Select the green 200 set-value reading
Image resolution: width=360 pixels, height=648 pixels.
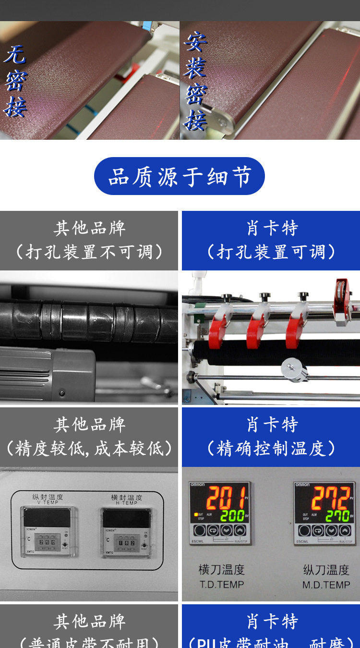click(x=233, y=516)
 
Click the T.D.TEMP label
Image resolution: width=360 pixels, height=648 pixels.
click(x=222, y=585)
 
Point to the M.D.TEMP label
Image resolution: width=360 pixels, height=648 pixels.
click(x=326, y=585)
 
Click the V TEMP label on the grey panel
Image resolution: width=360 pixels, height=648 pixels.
click(x=47, y=502)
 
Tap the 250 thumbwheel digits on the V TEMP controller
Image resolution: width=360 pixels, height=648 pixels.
click(x=47, y=542)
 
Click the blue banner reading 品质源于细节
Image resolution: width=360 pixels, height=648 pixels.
click(x=180, y=176)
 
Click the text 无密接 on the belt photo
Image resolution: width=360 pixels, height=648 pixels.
click(x=15, y=81)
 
